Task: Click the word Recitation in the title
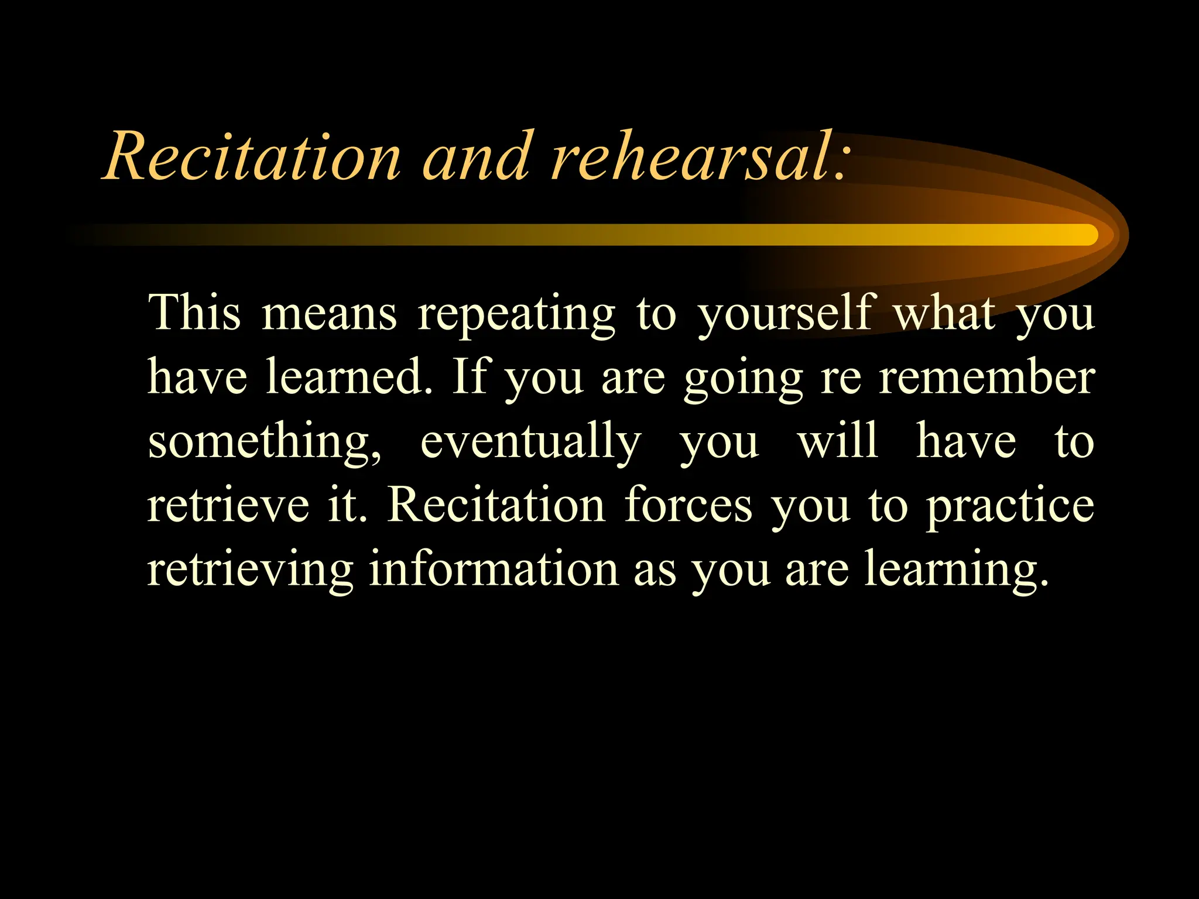pos(252,157)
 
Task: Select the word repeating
pos(516,316)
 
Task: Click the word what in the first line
pos(944,313)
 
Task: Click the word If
pos(470,377)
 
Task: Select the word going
pos(743,380)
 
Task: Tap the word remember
pos(986,377)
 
